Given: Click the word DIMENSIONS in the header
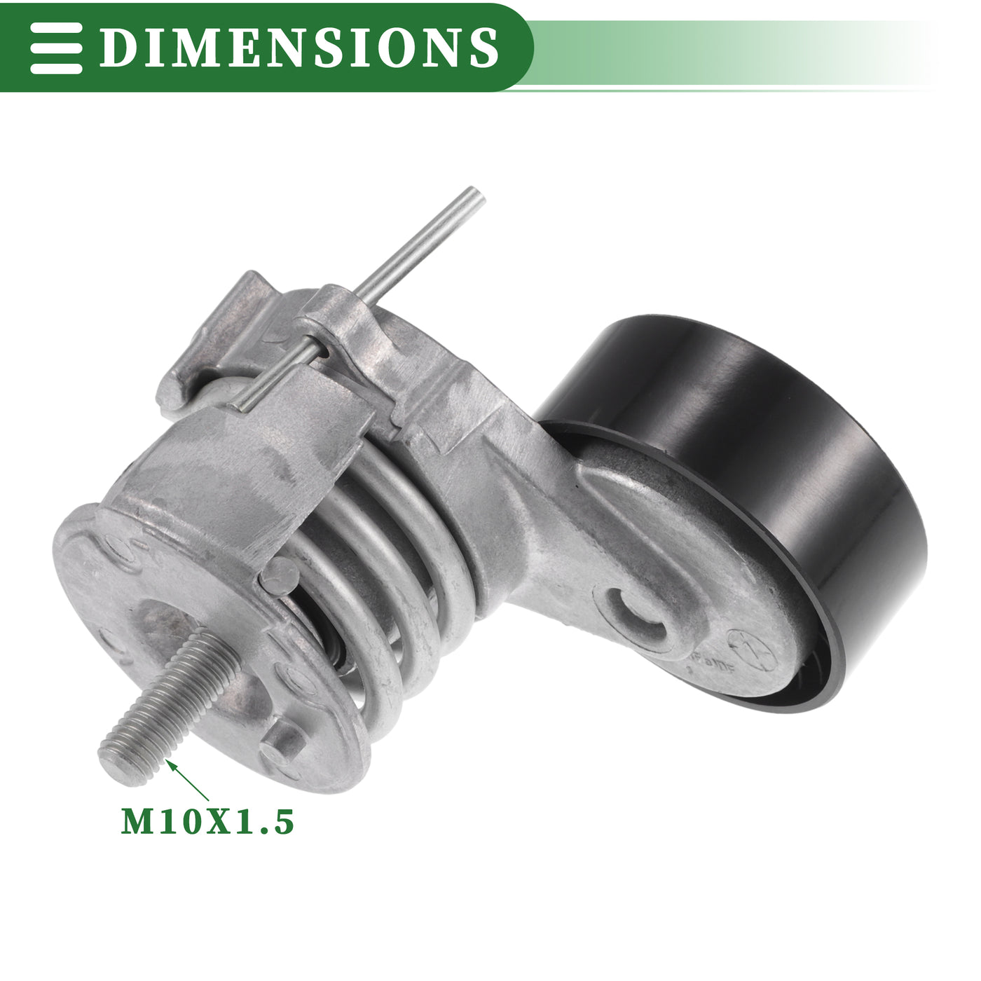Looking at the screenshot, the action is click(299, 47).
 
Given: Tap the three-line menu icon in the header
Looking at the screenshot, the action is click(56, 48).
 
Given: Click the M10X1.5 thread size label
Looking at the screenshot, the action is click(207, 821).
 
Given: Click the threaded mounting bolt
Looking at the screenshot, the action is click(168, 708).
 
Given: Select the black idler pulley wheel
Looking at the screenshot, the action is click(733, 509).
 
